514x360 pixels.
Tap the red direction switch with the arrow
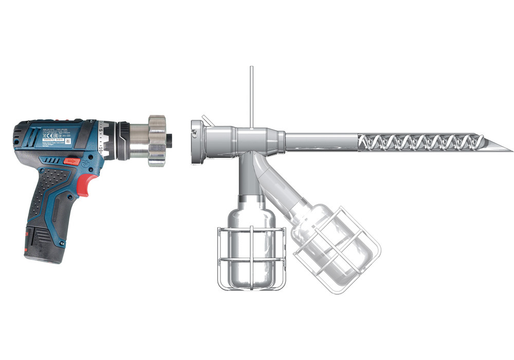click(72, 161)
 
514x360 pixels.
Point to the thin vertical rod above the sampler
click(252, 95)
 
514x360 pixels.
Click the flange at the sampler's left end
click(196, 141)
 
